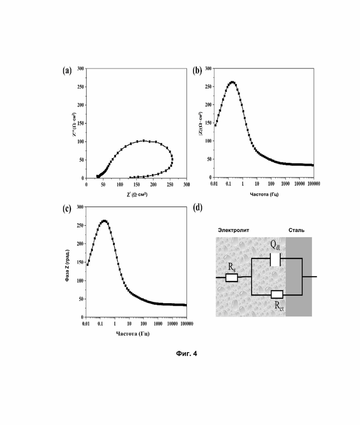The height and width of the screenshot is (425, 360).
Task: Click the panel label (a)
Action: pos(67,71)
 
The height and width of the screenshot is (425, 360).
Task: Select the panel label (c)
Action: pos(67,208)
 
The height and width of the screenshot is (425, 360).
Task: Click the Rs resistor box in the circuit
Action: pos(232,277)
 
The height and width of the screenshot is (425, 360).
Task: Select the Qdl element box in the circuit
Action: pos(275,259)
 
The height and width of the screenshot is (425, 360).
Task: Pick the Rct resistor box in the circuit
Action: pos(277,294)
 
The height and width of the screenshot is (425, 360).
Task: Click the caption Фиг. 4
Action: pos(186,353)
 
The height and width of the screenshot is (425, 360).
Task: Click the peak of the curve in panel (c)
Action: pos(104,221)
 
